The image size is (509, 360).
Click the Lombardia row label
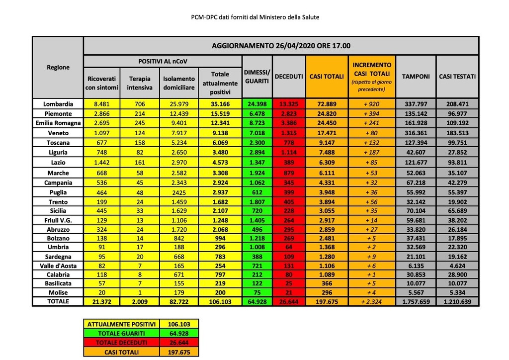click(x=58, y=104)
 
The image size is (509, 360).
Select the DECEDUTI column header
click(x=289, y=77)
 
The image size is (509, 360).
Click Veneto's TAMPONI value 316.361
click(x=416, y=133)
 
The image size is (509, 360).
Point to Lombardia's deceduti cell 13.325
click(x=289, y=104)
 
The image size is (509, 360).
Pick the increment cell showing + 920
click(x=372, y=104)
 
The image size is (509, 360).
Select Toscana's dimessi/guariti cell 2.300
click(x=257, y=143)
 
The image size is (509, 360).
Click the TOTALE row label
click(x=58, y=301)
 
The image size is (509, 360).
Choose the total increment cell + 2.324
click(x=372, y=301)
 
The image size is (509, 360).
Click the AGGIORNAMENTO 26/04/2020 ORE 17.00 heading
click(x=281, y=46)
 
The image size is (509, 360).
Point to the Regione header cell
click(x=58, y=67)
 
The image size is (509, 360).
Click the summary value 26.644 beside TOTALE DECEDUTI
click(x=179, y=343)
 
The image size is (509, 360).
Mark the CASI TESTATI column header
click(x=457, y=77)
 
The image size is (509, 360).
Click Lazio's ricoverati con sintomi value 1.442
click(x=102, y=163)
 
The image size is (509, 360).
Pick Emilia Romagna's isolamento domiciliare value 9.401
click(x=179, y=123)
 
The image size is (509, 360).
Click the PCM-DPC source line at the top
click(x=255, y=17)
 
